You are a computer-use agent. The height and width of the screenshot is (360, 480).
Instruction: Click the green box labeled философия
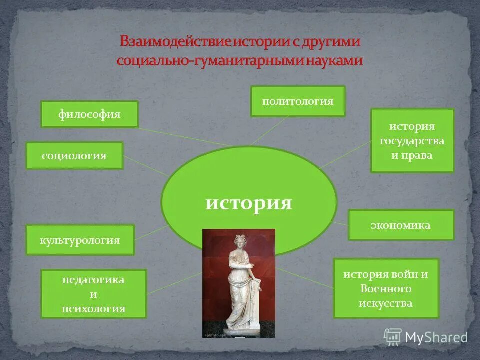(89, 114)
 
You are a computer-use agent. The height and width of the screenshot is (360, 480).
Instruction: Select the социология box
(74, 156)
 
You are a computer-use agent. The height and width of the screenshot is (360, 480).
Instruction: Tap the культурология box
(80, 240)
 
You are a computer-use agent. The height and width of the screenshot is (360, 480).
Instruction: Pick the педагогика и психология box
(93, 294)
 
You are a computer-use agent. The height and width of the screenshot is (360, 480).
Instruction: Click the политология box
(298, 101)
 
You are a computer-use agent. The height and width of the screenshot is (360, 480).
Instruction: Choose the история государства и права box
(412, 141)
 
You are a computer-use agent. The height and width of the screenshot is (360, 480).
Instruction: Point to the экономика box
(401, 225)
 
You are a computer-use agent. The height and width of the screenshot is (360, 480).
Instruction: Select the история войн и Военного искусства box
(385, 288)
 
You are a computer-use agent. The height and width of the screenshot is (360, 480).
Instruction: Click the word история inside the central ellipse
(249, 204)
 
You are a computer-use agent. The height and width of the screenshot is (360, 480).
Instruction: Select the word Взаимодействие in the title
(174, 42)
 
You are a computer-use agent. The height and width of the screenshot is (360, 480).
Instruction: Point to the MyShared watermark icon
(393, 337)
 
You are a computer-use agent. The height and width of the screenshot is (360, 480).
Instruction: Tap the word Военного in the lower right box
(385, 289)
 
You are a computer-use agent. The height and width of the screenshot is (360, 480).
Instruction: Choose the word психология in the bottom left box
(93, 308)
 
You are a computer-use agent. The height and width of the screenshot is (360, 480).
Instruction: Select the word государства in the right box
(412, 141)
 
